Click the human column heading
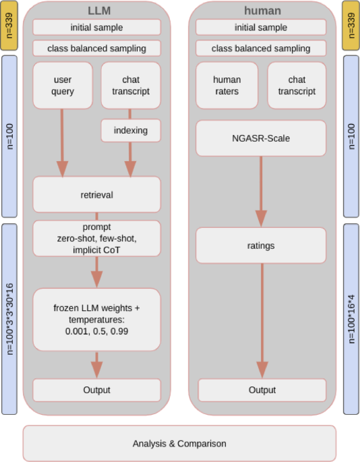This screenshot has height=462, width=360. click(x=262, y=10)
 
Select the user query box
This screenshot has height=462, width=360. click(x=63, y=85)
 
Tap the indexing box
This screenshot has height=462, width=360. click(x=131, y=130)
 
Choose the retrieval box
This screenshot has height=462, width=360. click(x=96, y=194)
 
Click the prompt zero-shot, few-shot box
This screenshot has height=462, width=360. click(x=96, y=239)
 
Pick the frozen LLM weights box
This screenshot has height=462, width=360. click(x=96, y=319)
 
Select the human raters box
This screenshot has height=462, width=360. click(x=227, y=85)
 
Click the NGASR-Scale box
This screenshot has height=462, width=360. click(x=261, y=138)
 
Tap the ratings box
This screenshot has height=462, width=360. click(x=261, y=246)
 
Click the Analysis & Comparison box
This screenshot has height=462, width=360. click(x=179, y=443)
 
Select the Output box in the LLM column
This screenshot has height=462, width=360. click(x=96, y=390)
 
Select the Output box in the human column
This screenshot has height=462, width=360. click(x=262, y=390)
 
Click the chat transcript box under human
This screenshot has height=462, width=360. click(x=297, y=85)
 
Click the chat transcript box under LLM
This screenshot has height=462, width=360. click(x=131, y=85)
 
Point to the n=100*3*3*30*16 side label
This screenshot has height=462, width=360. click(x=9, y=319)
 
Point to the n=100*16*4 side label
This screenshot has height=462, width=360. click(x=351, y=319)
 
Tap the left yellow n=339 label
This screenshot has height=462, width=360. click(x=9, y=25)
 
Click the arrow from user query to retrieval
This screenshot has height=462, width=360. click(x=63, y=142)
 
